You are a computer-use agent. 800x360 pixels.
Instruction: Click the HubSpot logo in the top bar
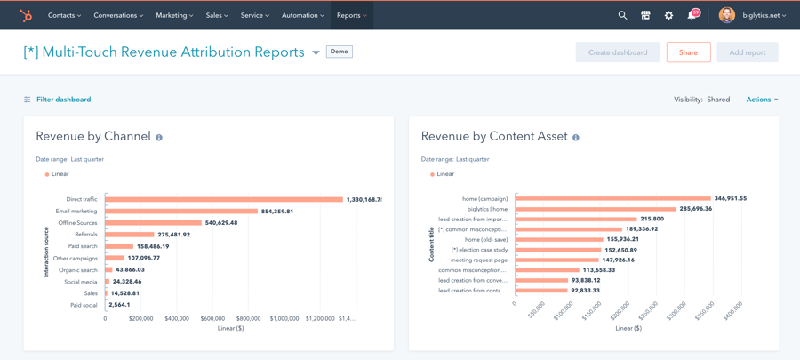pos(26,15)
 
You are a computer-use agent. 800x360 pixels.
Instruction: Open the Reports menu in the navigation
pos(351,15)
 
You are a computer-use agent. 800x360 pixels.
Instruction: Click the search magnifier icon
pos(622,15)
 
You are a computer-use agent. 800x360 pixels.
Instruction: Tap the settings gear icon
pos(668,15)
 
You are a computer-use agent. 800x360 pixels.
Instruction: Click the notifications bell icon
pos(692,15)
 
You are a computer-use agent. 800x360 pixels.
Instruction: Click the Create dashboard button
pos(618,52)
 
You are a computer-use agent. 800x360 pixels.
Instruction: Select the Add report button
pos(747,52)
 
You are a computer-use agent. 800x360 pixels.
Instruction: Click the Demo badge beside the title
pos(340,52)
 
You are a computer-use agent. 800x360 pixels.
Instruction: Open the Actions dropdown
pos(762,100)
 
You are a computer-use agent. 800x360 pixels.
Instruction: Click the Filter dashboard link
pos(63,100)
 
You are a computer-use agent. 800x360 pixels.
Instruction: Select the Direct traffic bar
pos(222,200)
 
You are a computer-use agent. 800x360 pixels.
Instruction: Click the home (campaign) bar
pos(612,199)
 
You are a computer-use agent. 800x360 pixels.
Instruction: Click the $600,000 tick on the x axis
pos(212,318)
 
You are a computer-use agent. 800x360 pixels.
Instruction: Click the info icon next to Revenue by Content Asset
pos(576,138)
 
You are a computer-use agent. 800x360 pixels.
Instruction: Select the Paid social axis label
pos(84,305)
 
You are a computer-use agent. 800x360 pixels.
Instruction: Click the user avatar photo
pos(726,15)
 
